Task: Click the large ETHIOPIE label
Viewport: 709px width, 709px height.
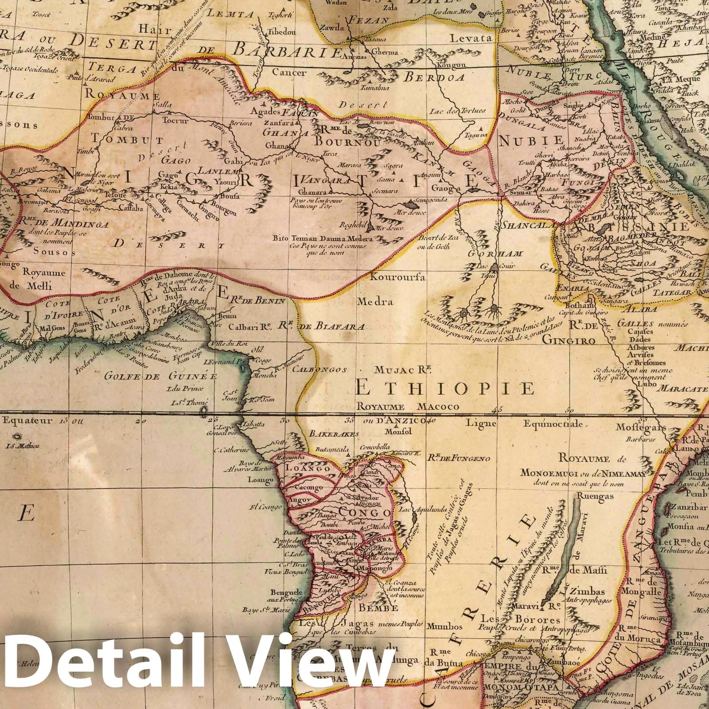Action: pyautogui.click(x=445, y=389)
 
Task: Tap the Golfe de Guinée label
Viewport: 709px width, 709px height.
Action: pyautogui.click(x=161, y=377)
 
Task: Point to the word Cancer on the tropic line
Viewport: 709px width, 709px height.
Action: pyautogui.click(x=283, y=72)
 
